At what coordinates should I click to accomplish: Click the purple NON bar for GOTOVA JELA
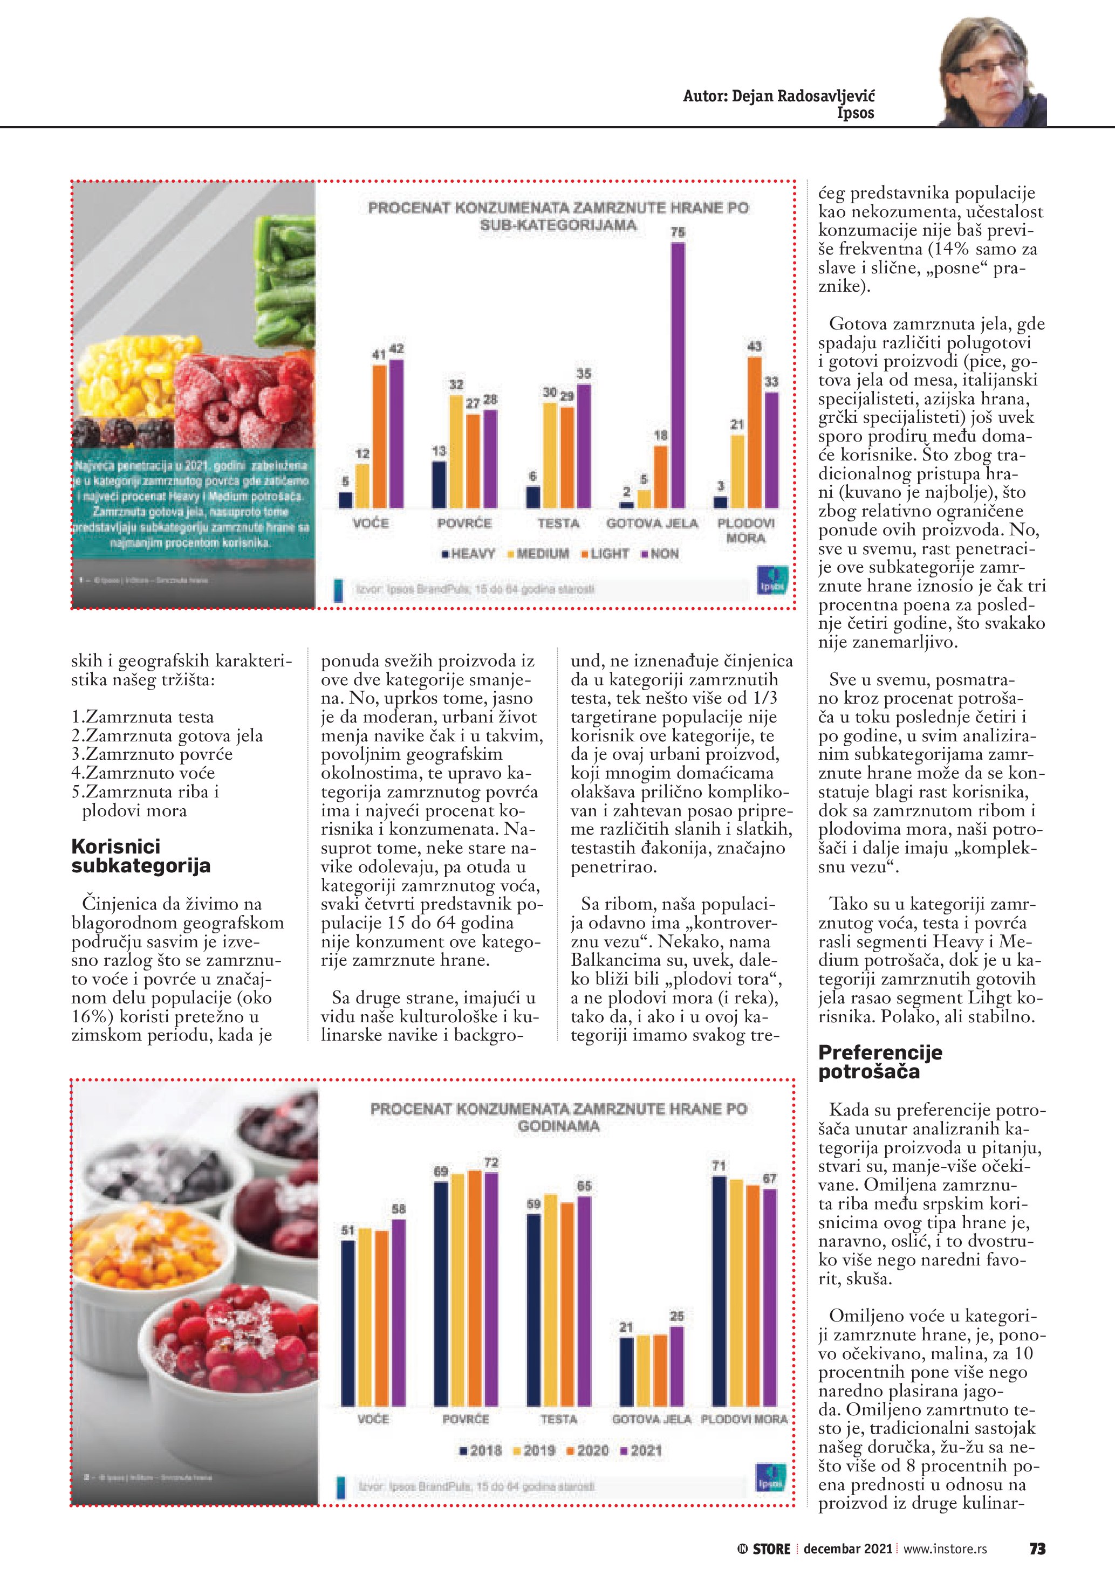click(x=678, y=375)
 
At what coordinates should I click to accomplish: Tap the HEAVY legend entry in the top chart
click(x=468, y=554)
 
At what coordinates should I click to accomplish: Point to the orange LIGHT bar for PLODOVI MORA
click(x=755, y=432)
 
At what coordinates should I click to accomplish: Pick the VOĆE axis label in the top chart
click(x=371, y=523)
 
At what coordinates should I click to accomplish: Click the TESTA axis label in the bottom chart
click(x=558, y=1419)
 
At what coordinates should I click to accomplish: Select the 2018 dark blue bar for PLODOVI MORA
click(x=720, y=1290)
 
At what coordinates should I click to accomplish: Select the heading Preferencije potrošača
click(x=880, y=1062)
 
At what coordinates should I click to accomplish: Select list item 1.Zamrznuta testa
click(x=143, y=717)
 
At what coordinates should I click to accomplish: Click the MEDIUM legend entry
click(x=538, y=554)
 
